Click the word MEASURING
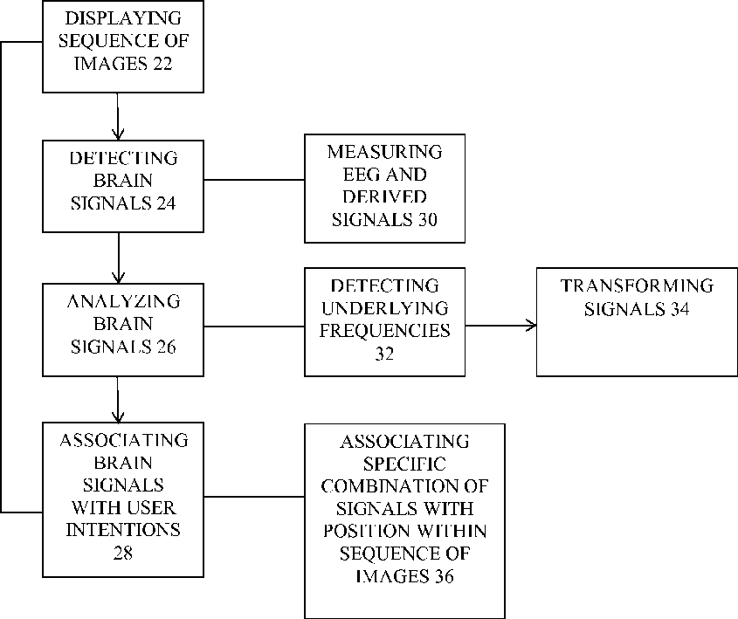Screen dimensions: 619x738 tap(385, 152)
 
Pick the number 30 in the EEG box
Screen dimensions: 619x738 tap(426, 220)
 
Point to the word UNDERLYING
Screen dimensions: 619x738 tap(385, 308)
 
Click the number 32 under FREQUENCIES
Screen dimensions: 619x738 tap(385, 354)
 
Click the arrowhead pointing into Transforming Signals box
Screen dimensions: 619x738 tap(530, 326)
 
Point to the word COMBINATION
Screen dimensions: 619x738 tap(404, 485)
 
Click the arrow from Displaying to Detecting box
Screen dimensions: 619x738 tap(116, 113)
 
